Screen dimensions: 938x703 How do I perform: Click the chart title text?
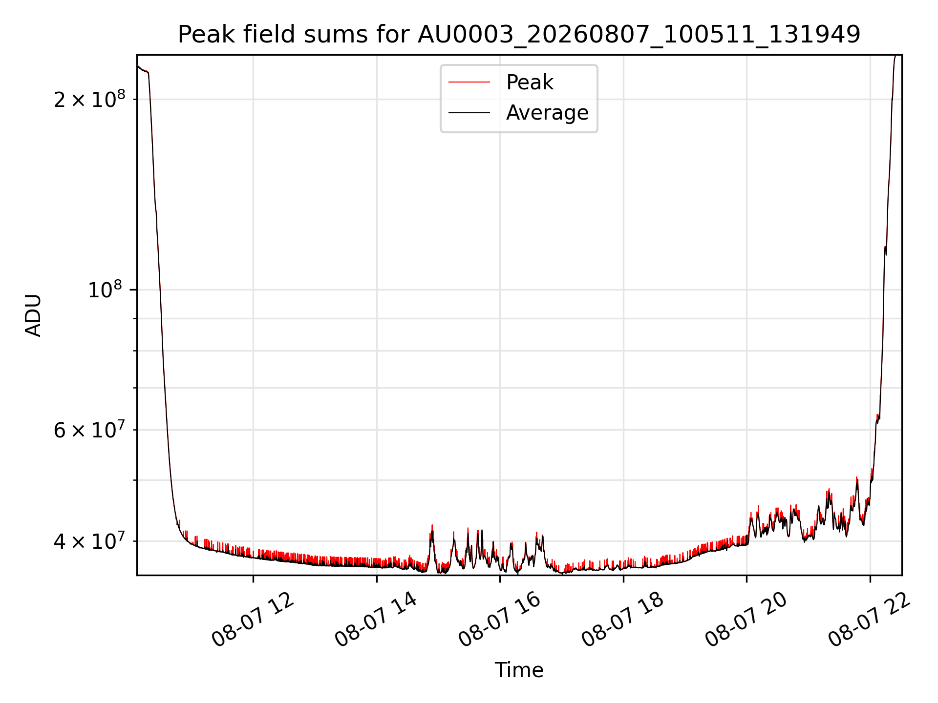click(x=519, y=35)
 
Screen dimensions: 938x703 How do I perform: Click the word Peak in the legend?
click(x=530, y=83)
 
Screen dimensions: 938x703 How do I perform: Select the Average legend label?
click(x=547, y=113)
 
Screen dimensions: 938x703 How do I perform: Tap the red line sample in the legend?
click(x=469, y=83)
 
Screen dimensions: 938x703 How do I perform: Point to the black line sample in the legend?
click(x=469, y=113)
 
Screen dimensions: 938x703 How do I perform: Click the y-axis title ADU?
click(x=33, y=315)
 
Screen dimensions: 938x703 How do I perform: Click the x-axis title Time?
click(x=519, y=670)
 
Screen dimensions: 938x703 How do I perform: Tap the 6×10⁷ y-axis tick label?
click(x=89, y=430)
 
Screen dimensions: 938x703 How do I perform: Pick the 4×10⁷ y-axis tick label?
click(x=89, y=540)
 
